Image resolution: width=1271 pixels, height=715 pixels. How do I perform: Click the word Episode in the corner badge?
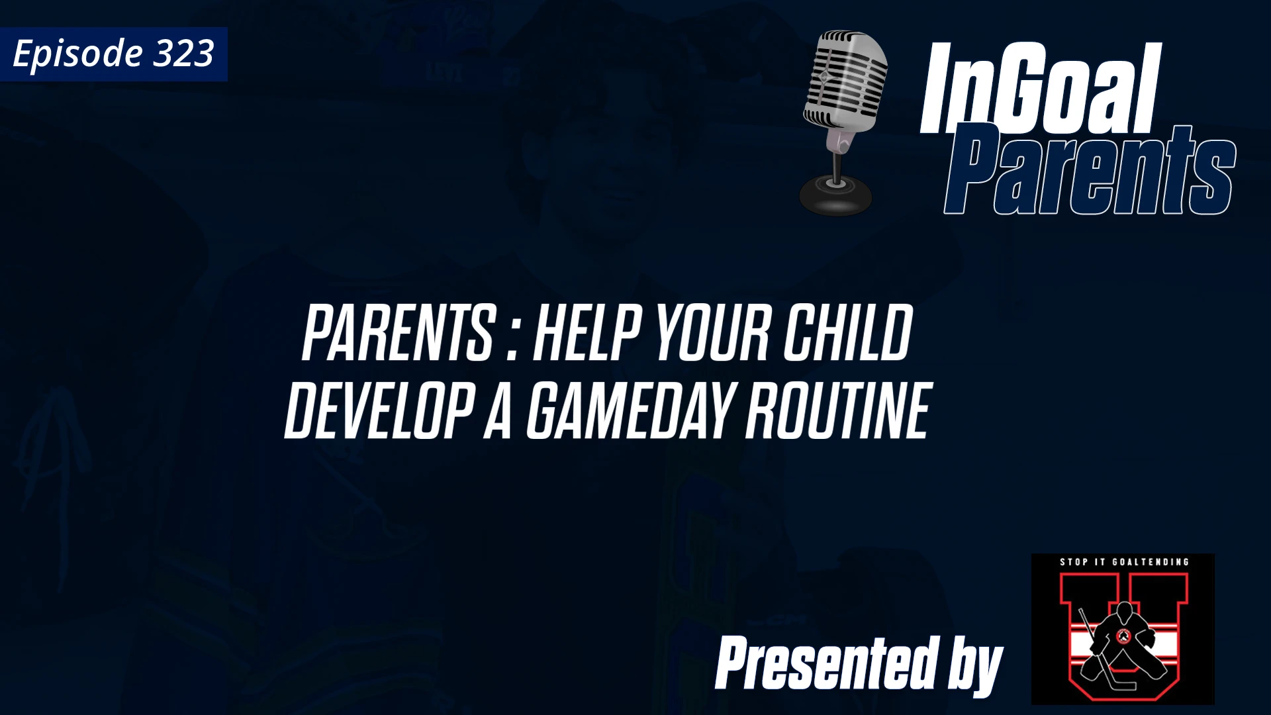pyautogui.click(x=77, y=54)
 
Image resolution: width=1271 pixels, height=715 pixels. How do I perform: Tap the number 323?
pyautogui.click(x=183, y=53)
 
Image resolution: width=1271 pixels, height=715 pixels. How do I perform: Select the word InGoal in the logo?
pyautogui.click(x=1039, y=89)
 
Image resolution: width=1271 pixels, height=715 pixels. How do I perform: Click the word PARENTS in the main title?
pyautogui.click(x=397, y=334)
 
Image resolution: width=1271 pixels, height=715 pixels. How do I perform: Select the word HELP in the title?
pyautogui.click(x=586, y=334)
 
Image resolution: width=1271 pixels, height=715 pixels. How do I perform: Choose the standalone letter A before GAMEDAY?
pyautogui.click(x=497, y=412)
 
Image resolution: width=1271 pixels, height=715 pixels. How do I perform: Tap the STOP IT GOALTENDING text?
pyautogui.click(x=1124, y=562)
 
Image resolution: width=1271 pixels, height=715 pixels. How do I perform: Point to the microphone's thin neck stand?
pyautogui.click(x=838, y=162)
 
